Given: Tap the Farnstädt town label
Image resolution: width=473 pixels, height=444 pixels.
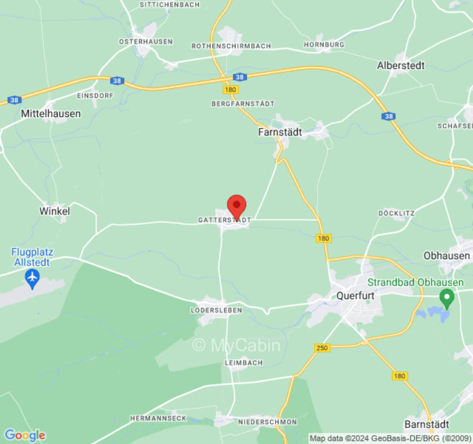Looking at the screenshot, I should click(280, 132).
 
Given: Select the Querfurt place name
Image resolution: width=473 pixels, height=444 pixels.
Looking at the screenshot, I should click(355, 296).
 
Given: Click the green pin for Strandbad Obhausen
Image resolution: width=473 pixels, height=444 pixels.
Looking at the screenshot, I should click(446, 298).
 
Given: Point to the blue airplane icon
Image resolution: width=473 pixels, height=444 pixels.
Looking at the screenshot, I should click(33, 276).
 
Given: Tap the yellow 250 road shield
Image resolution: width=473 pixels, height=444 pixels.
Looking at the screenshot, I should click(322, 348).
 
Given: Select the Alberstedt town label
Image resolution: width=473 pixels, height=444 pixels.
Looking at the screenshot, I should click(400, 65).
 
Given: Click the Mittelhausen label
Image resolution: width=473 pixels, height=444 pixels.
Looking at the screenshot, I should click(50, 113).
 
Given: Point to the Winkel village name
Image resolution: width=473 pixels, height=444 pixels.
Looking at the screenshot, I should click(54, 211).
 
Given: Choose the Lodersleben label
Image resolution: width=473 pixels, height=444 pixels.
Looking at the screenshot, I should click(217, 310).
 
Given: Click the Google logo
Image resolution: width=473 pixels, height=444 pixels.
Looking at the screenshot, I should click(24, 435).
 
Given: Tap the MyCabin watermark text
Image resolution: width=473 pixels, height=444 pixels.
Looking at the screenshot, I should click(236, 345).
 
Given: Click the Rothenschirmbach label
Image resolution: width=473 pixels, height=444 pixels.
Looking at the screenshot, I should click(231, 46).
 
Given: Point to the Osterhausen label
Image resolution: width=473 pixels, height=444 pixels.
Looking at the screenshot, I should click(146, 42).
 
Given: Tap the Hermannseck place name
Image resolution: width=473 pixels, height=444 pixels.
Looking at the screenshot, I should click(158, 418).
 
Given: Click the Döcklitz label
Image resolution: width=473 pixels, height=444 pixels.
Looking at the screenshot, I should click(396, 213).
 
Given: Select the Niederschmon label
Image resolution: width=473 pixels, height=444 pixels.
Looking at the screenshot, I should click(260, 421).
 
